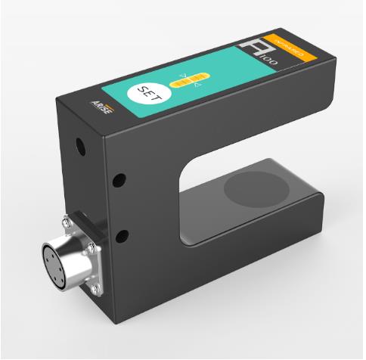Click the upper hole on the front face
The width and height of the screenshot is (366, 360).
click(118, 180)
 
